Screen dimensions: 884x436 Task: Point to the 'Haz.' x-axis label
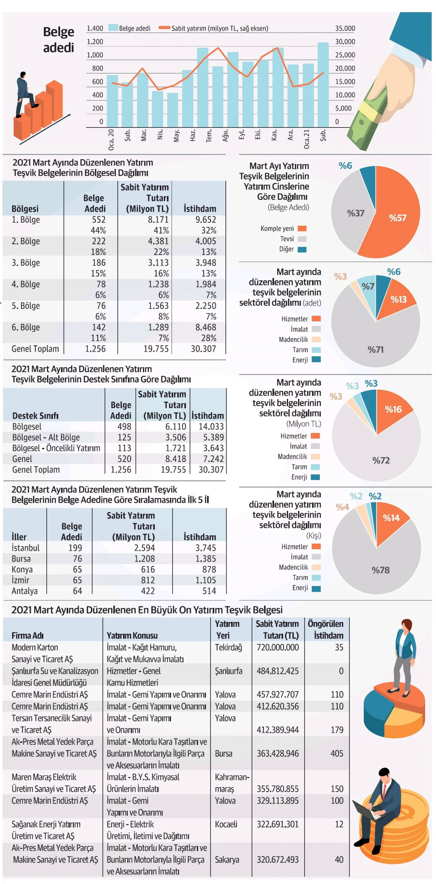pos(193,135)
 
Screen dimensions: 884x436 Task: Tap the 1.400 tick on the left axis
pos(95,29)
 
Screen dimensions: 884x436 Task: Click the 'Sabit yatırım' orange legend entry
pos(219,29)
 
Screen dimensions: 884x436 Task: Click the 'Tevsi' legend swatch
pos(302,239)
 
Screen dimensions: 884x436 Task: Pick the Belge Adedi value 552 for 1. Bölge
pos(98,220)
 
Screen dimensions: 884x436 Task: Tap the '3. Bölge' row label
pos(26,263)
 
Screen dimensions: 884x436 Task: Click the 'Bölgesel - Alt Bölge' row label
pos(46,437)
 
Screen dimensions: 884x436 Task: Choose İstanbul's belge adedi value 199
pos(75,548)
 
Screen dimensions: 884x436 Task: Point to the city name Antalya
pos(25,591)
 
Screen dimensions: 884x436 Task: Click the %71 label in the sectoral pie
pos(376,350)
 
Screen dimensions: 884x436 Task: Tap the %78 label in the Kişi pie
pos(380,570)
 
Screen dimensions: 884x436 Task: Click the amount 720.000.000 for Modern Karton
pos(278,647)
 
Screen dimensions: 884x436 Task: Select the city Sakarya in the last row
pos(227,860)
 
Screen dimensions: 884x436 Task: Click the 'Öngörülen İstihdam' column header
pos(325,630)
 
